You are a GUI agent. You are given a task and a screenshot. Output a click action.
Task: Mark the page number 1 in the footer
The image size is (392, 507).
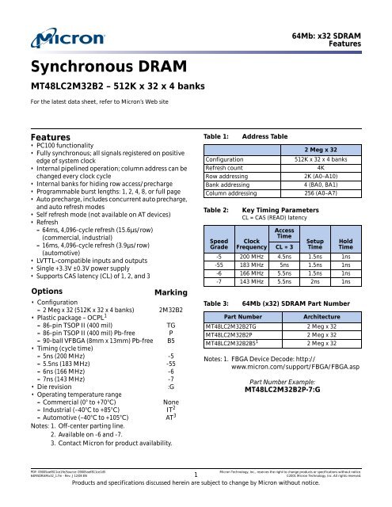point(195,475)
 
